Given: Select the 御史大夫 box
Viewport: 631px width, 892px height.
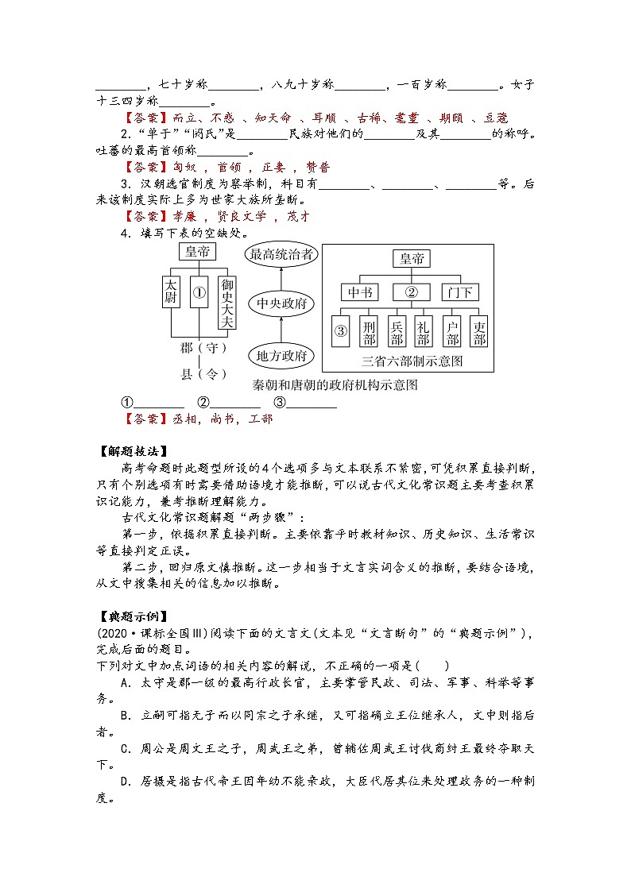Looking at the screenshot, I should click(227, 303).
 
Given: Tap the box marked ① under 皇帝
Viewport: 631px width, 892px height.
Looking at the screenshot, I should click(199, 292).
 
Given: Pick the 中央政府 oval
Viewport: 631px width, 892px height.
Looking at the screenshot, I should click(281, 304).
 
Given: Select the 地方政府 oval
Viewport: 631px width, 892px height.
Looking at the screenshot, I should click(281, 355).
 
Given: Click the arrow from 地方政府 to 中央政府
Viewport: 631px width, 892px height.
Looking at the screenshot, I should click(281, 330).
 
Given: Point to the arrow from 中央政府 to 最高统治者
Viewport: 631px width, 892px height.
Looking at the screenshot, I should click(281, 280).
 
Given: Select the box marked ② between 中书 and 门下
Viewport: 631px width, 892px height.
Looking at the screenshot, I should click(411, 292).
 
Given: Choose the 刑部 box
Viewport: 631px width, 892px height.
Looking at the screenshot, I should click(368, 332).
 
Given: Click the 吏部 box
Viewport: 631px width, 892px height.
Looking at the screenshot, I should click(479, 332).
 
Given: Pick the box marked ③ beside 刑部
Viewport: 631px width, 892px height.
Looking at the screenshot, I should click(340, 332).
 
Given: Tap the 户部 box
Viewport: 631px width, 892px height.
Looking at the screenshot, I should click(452, 332).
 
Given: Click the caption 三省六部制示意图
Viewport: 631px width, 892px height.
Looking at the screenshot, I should click(411, 361).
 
